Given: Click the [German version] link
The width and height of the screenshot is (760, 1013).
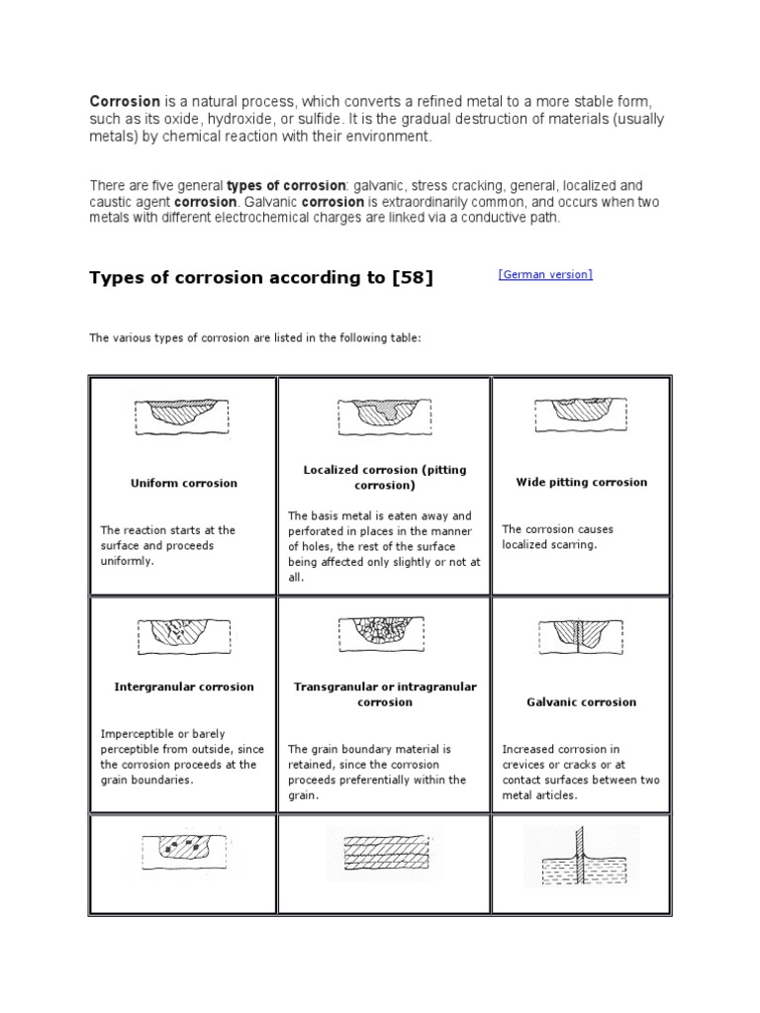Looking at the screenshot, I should (x=545, y=274).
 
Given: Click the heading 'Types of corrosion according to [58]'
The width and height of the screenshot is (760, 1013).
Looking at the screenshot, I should (x=261, y=278).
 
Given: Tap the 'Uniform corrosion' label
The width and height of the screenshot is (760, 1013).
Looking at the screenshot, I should (x=184, y=483).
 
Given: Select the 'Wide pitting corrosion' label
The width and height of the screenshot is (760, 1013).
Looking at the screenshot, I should (x=582, y=482).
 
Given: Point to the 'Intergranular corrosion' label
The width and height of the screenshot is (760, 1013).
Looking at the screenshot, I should (x=184, y=687).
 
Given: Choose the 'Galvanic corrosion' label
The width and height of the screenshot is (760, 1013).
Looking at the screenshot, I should (x=582, y=702).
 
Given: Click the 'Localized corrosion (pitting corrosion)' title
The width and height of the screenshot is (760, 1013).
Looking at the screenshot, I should (x=384, y=478).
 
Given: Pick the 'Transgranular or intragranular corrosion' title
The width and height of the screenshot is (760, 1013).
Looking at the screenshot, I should (x=385, y=694).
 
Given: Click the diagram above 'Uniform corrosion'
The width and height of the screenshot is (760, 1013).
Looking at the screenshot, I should (x=182, y=415).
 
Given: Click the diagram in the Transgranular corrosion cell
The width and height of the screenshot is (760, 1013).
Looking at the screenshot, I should (x=385, y=633).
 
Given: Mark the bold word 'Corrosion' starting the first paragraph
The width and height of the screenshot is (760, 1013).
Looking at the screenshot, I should (x=125, y=102).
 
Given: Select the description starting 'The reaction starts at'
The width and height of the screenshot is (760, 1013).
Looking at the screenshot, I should (x=168, y=545).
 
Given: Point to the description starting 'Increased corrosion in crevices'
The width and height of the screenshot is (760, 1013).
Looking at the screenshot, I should (x=581, y=773).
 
